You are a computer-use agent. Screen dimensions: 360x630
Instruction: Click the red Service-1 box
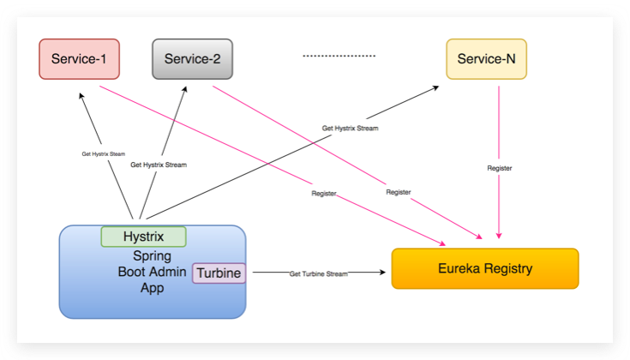(x=79, y=59)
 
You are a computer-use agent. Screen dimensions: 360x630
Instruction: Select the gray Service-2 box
(x=192, y=59)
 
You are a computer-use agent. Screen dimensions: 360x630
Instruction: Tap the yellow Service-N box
(x=486, y=59)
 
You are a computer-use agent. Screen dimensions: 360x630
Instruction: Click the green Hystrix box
(x=143, y=237)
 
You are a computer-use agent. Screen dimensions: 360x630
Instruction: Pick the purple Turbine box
(x=219, y=273)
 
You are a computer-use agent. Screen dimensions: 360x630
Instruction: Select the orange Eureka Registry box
(x=485, y=268)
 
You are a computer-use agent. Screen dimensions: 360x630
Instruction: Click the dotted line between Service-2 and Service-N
(x=339, y=56)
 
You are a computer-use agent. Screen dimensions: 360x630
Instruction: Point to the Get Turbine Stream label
(x=319, y=273)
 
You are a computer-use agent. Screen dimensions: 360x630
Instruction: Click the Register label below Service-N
(x=499, y=168)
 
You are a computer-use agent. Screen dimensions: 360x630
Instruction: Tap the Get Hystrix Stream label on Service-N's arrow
(x=350, y=128)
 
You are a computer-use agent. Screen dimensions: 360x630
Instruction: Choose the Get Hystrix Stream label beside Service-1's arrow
(x=103, y=154)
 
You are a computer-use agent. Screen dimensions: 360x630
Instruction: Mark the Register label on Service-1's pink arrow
(x=324, y=194)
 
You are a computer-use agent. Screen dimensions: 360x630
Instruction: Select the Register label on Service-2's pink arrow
(x=398, y=192)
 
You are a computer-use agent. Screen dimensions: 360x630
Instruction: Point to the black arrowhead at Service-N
(x=438, y=85)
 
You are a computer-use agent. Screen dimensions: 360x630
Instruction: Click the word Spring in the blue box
(x=151, y=255)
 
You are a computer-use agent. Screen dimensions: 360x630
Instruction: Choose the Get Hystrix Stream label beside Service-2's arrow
(x=159, y=164)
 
